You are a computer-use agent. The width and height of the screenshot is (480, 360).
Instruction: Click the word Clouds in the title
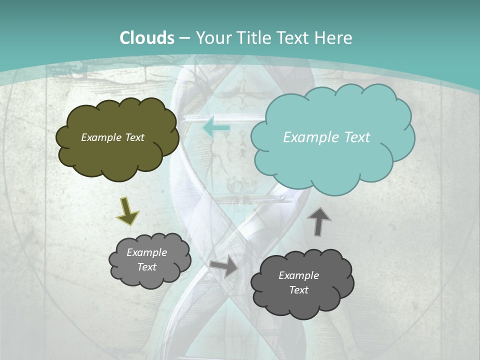[x=147, y=38]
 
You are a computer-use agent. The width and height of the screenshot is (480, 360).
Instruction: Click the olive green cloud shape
[x=117, y=155]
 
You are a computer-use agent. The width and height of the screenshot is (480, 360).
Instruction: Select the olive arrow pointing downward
[x=127, y=210]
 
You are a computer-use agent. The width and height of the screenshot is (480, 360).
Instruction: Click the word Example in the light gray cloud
[x=146, y=253]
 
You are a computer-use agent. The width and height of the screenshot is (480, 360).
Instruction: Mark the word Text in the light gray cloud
[x=146, y=267]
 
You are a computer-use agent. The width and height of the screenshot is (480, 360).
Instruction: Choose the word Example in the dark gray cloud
[x=298, y=275]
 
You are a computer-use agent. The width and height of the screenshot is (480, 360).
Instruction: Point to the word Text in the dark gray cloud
[x=298, y=290]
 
